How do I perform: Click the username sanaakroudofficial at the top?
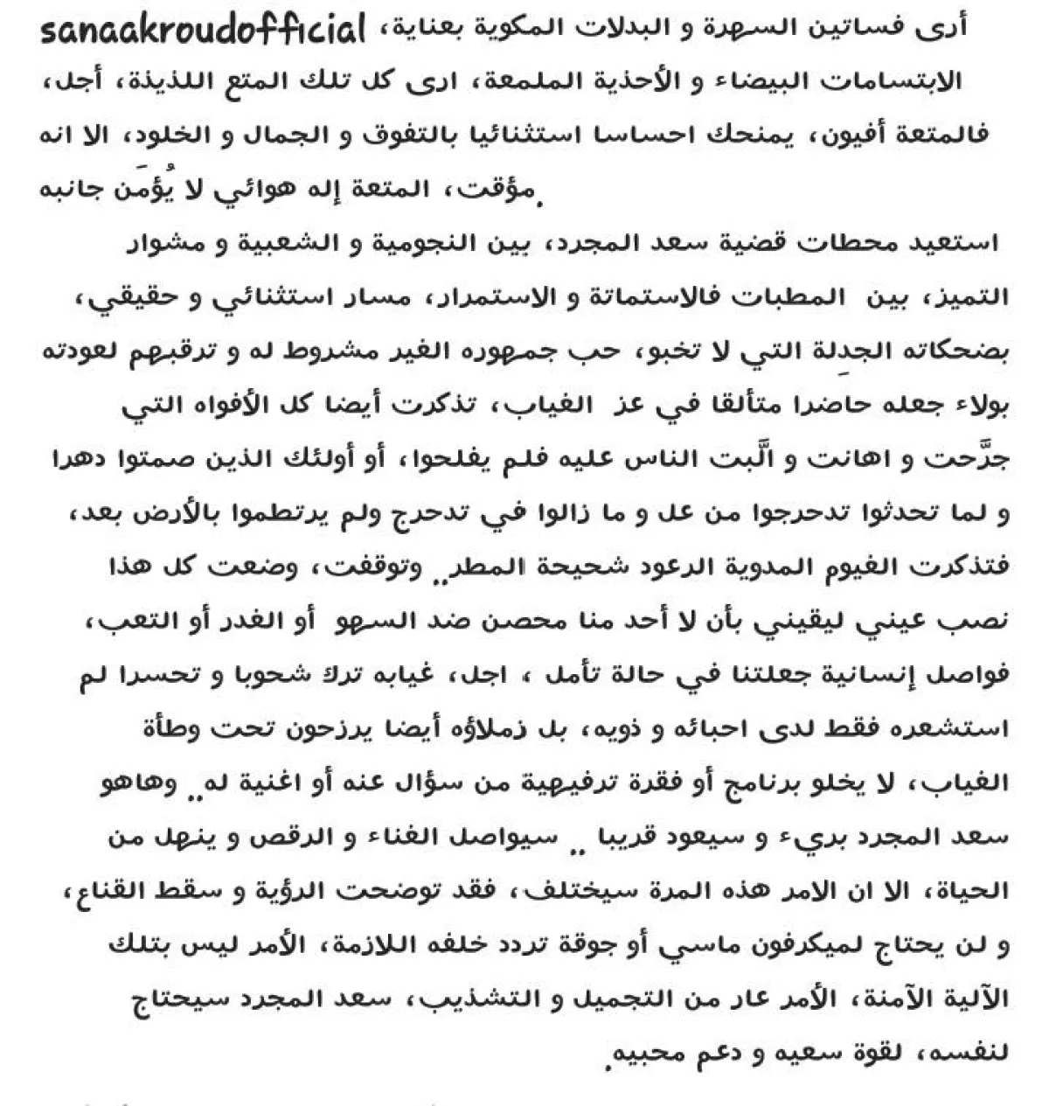(202, 32)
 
